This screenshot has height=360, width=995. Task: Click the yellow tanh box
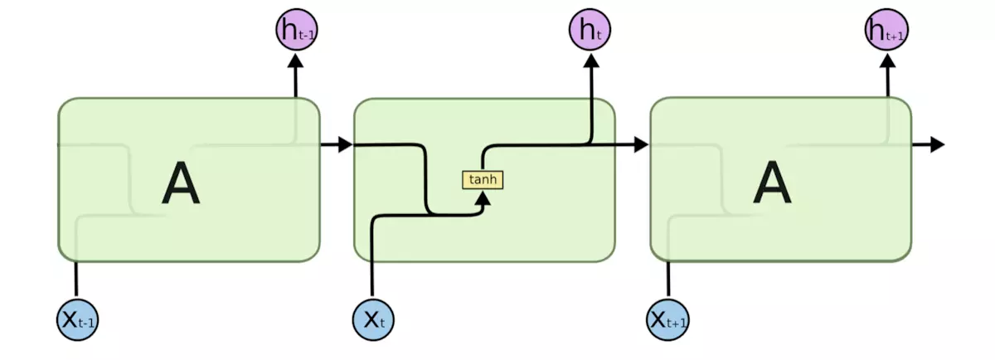pos(483,179)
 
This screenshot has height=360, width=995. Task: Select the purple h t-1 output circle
pos(295,31)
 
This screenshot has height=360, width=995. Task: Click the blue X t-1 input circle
pos(77,318)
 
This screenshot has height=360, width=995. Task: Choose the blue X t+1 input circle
pos(668,318)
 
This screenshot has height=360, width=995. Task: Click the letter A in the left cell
pos(181,183)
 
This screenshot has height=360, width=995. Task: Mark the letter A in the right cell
pos(772,183)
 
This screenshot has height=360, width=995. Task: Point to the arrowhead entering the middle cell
pos(344,145)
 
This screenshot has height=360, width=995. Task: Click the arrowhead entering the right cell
pos(639,145)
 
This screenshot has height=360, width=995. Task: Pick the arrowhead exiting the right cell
pos(936,145)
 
